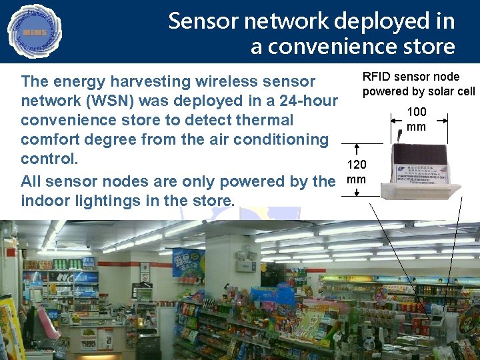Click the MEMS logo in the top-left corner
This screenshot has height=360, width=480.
pos(34,31)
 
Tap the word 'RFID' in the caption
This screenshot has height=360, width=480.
pos(376,77)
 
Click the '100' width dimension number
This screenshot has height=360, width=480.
pos(417,112)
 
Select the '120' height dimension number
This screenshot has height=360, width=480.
pos(357,165)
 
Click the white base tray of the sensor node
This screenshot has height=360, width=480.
pos(420,191)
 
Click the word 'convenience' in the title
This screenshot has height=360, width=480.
pos(334,47)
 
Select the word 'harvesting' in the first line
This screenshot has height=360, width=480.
pos(159,81)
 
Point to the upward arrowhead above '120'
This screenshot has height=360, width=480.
pos(357,147)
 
